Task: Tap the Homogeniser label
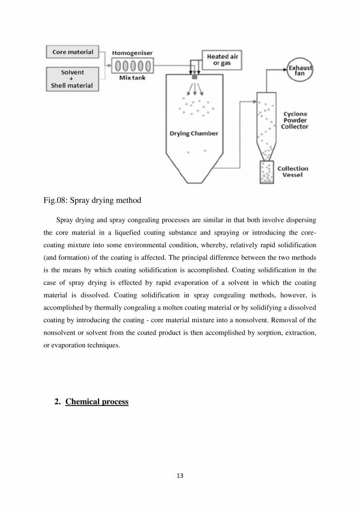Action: pyautogui.click(x=132, y=52)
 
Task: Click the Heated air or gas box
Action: pyautogui.click(x=222, y=60)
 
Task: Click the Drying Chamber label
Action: pyautogui.click(x=194, y=133)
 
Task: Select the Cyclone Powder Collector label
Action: pyautogui.click(x=295, y=120)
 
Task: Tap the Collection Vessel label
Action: pyautogui.click(x=293, y=172)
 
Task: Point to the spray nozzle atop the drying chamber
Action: pyautogui.click(x=195, y=77)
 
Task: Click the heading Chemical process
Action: pyautogui.click(x=97, y=402)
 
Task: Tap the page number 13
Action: pyautogui.click(x=180, y=476)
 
